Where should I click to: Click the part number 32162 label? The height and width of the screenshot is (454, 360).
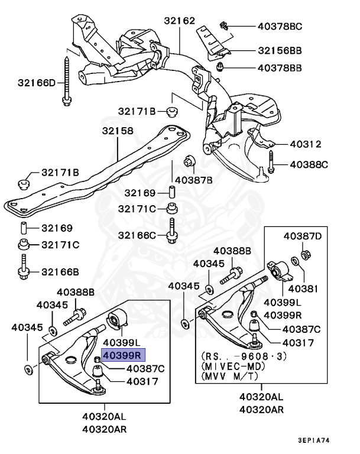coord(180,21)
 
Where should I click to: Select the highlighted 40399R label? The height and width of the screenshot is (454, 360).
coord(122,355)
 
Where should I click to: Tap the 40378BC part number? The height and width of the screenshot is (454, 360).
coord(280,26)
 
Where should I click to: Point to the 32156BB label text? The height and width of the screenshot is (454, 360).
coord(280,51)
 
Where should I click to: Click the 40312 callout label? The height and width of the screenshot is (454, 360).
coord(305,144)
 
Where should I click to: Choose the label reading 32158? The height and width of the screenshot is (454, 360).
coord(117,131)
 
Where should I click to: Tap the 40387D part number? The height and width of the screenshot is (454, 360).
coord(303,236)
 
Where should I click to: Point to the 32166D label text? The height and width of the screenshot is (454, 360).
coord(36,83)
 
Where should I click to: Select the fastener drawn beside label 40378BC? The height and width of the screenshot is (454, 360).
coord(223,25)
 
